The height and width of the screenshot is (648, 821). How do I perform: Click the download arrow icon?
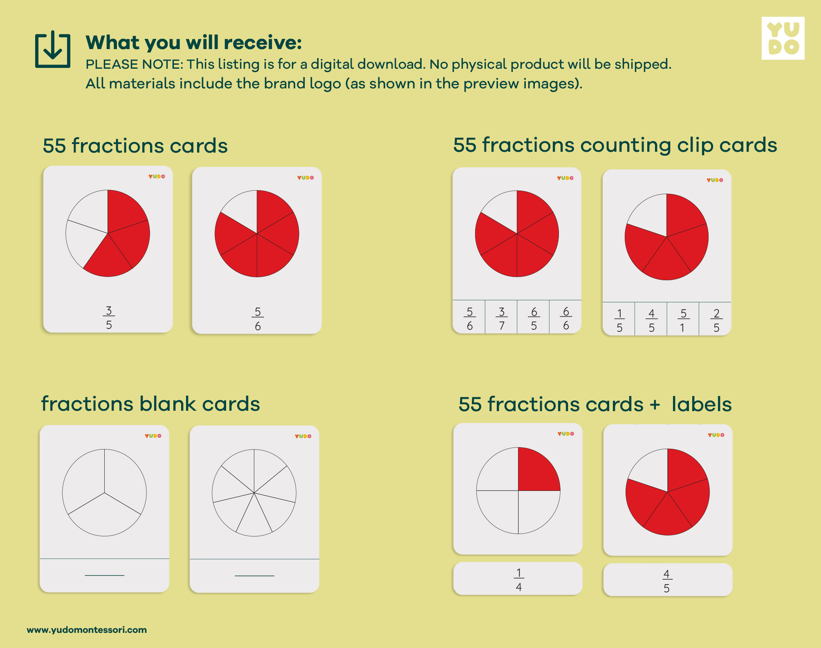pos(53,49)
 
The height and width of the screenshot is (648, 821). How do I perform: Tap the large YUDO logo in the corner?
pos(783,38)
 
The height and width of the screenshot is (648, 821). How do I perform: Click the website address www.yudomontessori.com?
pos(87,630)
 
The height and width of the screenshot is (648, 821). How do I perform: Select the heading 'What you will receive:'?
pos(194,43)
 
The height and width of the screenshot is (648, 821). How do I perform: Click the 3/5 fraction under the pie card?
pos(109,317)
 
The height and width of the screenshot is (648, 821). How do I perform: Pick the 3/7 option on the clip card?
pos(501,318)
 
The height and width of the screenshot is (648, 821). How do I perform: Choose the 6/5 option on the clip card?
pos(534,318)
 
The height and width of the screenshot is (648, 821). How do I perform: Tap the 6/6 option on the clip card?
pos(566,318)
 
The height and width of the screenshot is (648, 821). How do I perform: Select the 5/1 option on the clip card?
pos(683,320)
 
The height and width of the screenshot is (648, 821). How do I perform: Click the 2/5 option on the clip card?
pos(716,320)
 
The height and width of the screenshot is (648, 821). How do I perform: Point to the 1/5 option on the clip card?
pos(619,320)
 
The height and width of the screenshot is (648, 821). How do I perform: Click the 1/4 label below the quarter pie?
pos(518,579)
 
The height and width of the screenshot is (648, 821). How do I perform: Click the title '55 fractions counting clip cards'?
pos(615,145)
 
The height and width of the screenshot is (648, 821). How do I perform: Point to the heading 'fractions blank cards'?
pos(150,404)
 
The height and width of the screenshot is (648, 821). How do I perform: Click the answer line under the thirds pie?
pos(104,575)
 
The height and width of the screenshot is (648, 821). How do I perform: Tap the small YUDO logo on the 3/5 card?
pos(157,176)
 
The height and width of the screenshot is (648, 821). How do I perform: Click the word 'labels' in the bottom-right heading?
pos(702,404)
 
